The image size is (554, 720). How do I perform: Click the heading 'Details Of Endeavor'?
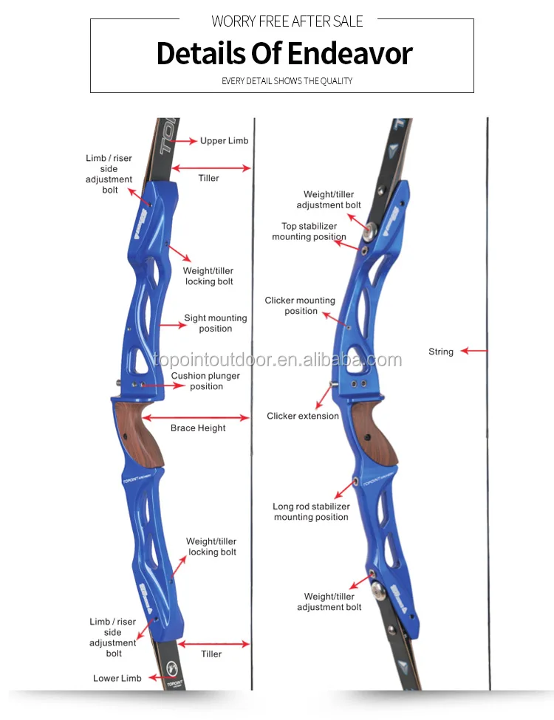click(x=284, y=54)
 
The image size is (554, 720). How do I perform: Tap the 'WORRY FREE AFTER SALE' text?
click(x=287, y=21)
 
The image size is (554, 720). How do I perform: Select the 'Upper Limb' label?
click(x=224, y=140)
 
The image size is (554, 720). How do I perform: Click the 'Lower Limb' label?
click(x=117, y=678)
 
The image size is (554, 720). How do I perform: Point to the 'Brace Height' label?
click(x=198, y=428)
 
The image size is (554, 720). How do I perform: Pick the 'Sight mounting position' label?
click(x=215, y=323)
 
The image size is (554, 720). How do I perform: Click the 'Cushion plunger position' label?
click(x=206, y=381)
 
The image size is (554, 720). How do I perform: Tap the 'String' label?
click(x=441, y=352)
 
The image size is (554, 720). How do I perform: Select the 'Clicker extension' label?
click(x=303, y=416)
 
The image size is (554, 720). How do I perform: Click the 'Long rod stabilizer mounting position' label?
click(x=311, y=512)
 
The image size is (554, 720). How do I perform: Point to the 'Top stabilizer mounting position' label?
click(x=309, y=232)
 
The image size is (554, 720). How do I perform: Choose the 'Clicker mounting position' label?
click(x=300, y=306)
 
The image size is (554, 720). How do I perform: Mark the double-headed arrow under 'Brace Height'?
click(x=197, y=417)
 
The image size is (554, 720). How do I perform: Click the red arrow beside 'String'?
click(x=474, y=352)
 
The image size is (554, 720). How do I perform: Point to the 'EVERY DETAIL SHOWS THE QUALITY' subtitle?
click(x=287, y=80)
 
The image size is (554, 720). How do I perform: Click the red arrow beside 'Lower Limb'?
click(x=156, y=677)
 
